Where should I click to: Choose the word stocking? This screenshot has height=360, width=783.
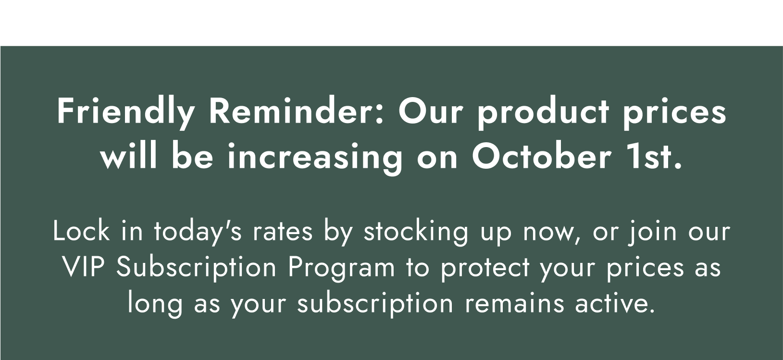[415, 232]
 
